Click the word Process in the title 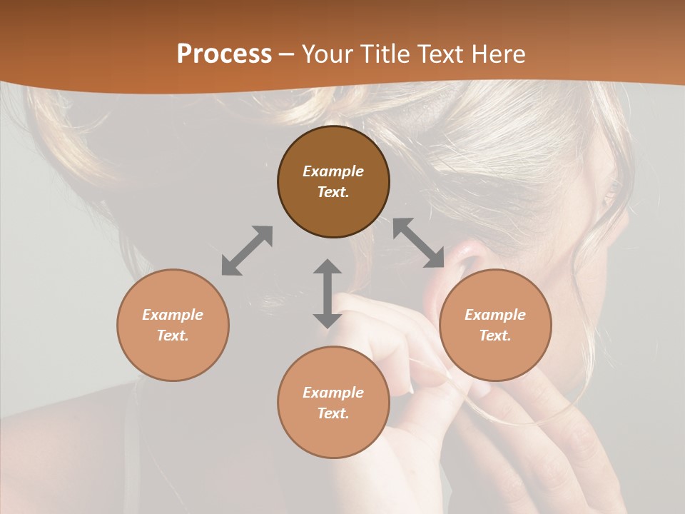[x=224, y=54]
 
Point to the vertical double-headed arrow [x=328, y=293]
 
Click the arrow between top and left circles [x=247, y=251]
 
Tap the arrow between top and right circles [x=419, y=243]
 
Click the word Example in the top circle [x=333, y=171]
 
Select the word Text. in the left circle [x=173, y=336]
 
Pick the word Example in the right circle [x=495, y=315]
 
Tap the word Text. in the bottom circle [x=333, y=413]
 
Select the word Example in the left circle [x=173, y=315]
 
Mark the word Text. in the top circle [x=333, y=192]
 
